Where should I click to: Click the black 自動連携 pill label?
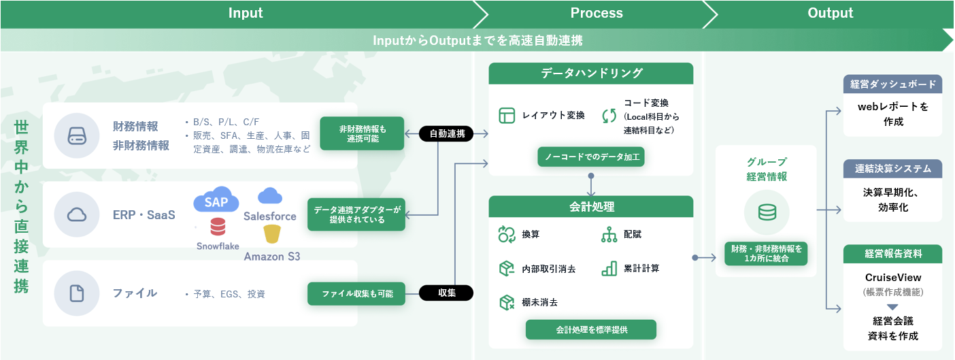446,134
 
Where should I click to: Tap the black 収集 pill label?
446,293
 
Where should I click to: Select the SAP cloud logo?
216,201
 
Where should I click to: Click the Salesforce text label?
270,216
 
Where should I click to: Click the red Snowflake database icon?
218,227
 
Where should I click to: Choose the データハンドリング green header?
590,73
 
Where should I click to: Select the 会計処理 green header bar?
590,206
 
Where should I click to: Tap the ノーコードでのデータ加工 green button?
590,157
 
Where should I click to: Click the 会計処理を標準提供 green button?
590,329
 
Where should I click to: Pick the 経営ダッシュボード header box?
892,84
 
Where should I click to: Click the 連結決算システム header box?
892,168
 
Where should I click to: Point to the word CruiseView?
892,278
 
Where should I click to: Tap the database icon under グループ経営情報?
767,212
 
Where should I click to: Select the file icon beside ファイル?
77,293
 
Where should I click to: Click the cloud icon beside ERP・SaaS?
77,215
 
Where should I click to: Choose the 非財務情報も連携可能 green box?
362,133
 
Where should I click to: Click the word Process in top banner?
596,13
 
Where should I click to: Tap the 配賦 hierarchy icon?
609,235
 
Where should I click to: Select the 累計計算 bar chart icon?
609,268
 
